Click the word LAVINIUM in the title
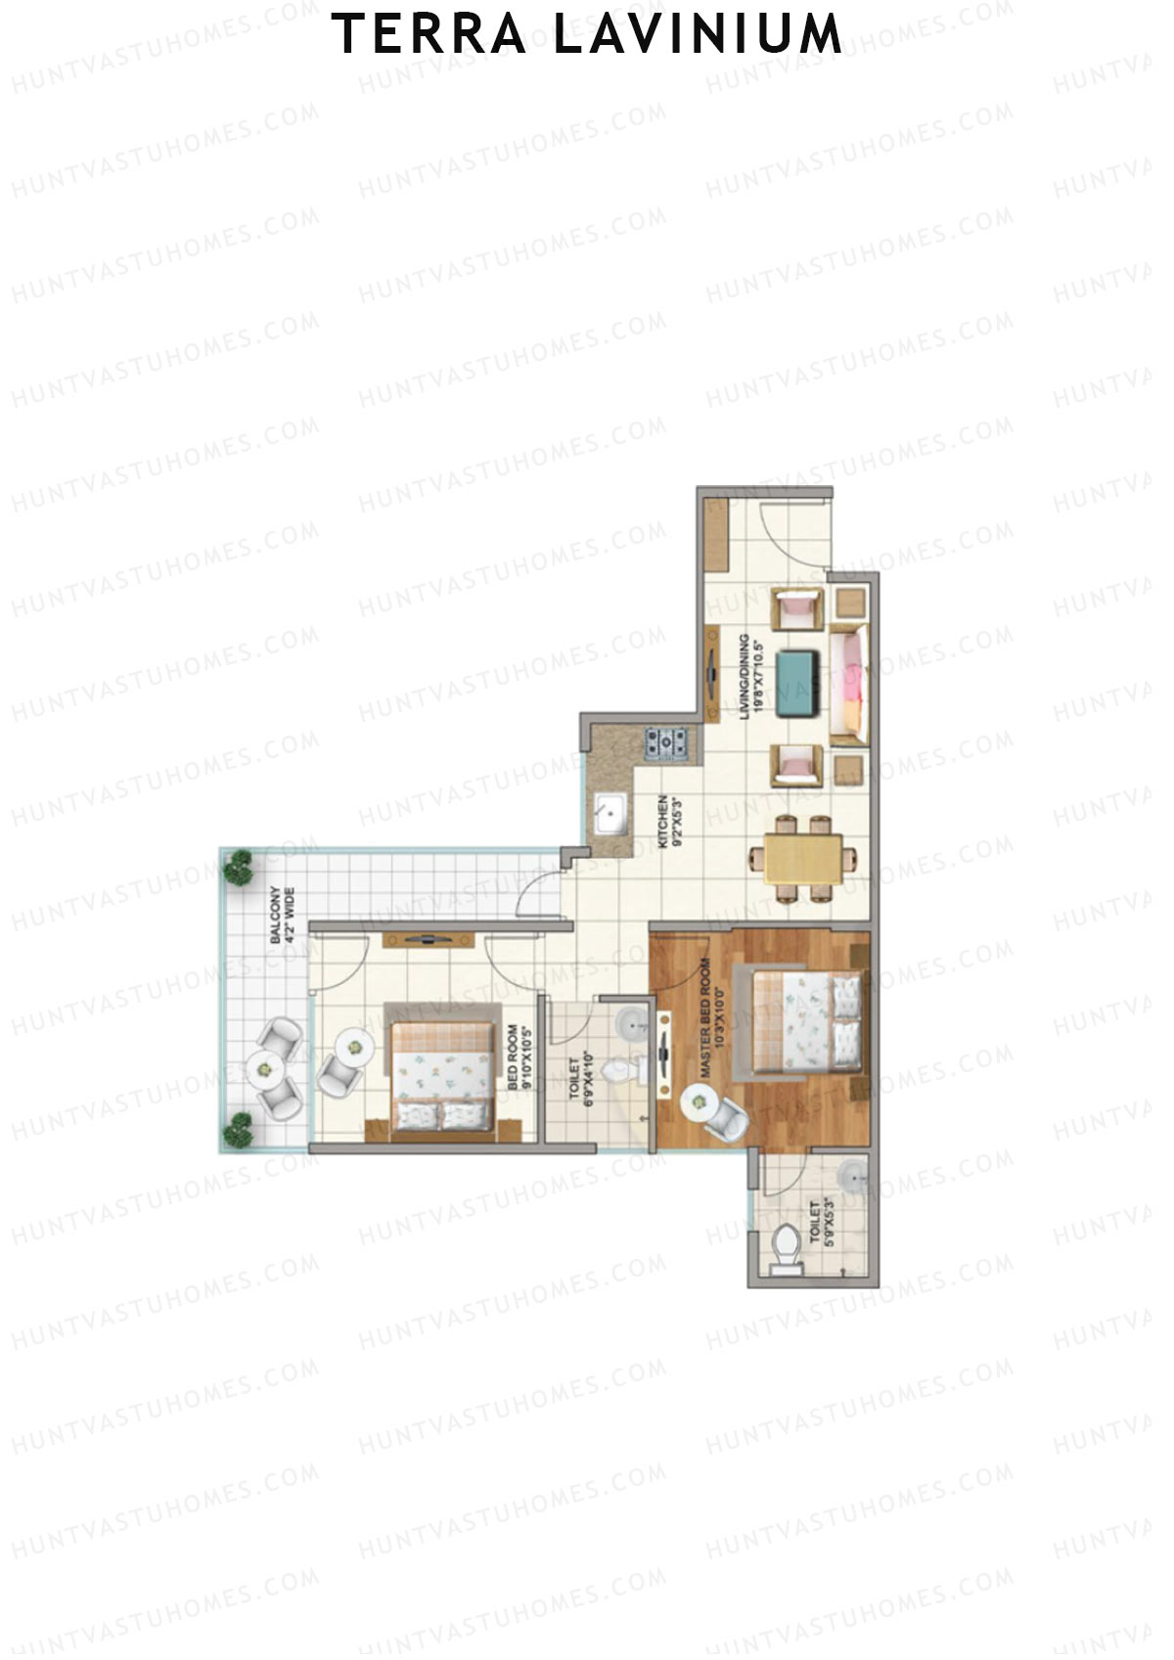pyautogui.click(x=697, y=34)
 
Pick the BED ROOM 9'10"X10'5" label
pyautogui.click(x=519, y=1057)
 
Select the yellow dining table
pyautogui.click(x=802, y=860)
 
